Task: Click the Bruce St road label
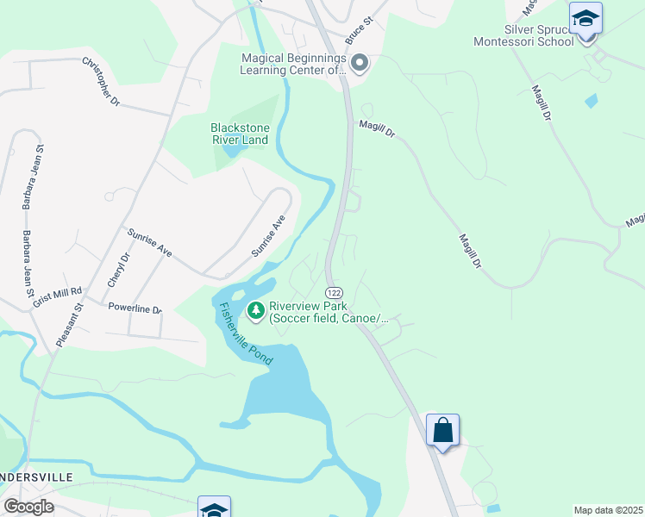click(357, 30)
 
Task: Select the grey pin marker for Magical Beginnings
click(360, 63)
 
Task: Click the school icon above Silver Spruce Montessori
click(586, 17)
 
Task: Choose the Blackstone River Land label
click(240, 134)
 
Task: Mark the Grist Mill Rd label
click(57, 298)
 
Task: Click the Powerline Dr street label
click(135, 308)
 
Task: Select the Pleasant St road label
click(68, 323)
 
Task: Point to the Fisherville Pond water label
click(246, 333)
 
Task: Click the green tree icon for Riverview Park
click(255, 310)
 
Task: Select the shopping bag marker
click(442, 429)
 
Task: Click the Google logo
click(29, 507)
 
